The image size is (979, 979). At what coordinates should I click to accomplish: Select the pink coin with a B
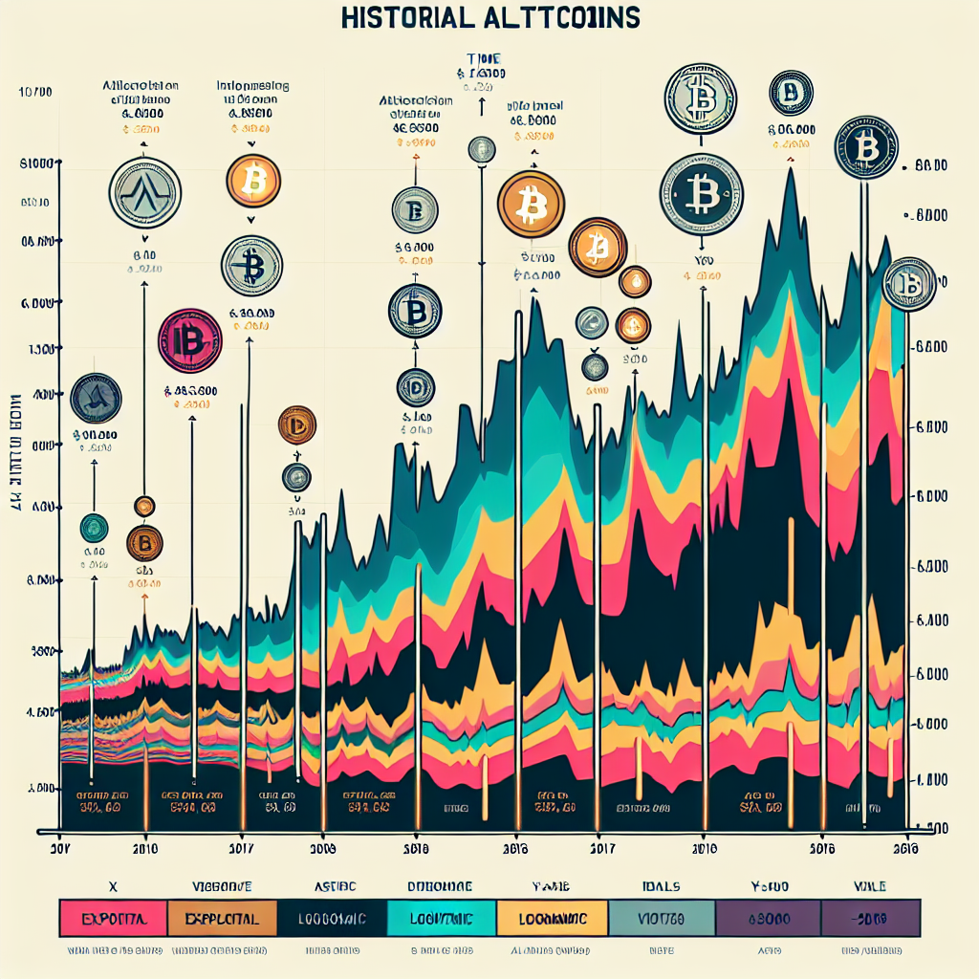(189, 340)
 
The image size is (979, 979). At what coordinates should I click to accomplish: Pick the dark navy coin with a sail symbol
(98, 400)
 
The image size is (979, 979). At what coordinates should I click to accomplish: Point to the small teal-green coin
(94, 528)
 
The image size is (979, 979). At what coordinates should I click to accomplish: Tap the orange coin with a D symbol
(296, 424)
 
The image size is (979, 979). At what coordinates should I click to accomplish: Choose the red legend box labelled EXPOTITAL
(113, 919)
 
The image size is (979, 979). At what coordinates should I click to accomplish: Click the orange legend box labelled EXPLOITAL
(222, 919)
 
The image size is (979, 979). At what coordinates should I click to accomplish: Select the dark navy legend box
(332, 919)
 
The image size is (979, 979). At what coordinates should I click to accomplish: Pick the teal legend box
(442, 919)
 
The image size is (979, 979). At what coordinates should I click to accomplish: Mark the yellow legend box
(552, 919)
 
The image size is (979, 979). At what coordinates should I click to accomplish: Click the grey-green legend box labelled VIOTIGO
(663, 919)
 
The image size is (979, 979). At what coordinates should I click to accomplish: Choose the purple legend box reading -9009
(866, 919)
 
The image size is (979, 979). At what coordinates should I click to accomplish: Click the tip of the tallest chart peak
(791, 169)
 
